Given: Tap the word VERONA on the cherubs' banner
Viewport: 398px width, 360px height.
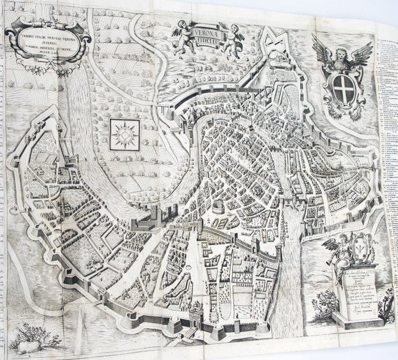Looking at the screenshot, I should point(214,26).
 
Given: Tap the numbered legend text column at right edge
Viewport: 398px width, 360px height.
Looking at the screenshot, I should point(387,142).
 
